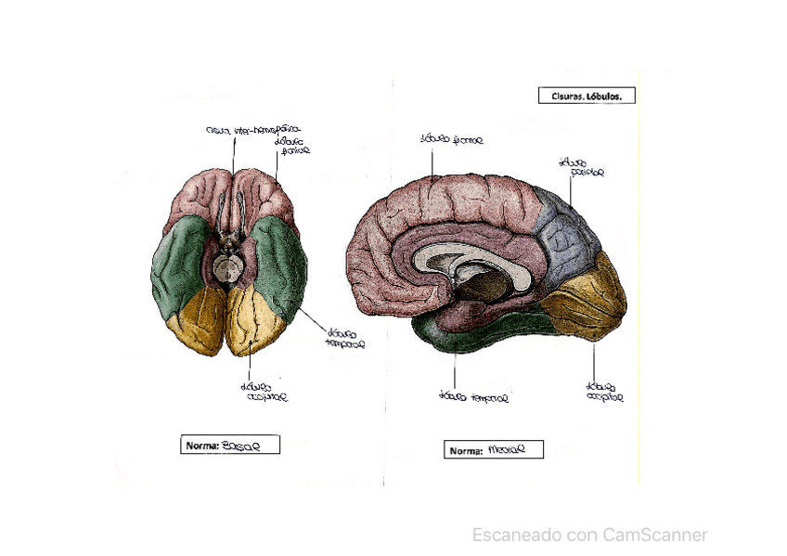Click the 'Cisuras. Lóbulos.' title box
pyautogui.click(x=587, y=95)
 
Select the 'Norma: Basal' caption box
pyautogui.click(x=230, y=445)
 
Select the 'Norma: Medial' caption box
pyautogui.click(x=493, y=450)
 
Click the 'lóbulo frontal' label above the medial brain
pyautogui.click(x=451, y=140)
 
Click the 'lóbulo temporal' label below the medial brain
pyautogui.click(x=473, y=396)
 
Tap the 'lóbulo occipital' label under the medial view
pyautogui.click(x=604, y=390)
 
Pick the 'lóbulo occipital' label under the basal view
pyautogui.click(x=264, y=392)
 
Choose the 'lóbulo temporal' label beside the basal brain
pyautogui.click(x=344, y=336)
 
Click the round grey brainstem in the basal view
pyautogui.click(x=227, y=269)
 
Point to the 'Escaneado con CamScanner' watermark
pyautogui.click(x=589, y=535)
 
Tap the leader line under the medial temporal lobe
pyautogui.click(x=455, y=371)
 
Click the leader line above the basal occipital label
pyautogui.click(x=250, y=368)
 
